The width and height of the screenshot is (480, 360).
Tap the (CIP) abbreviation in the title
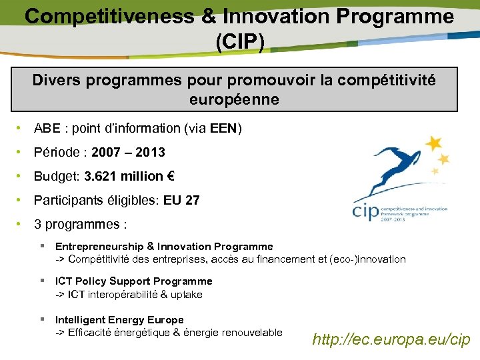(239, 41)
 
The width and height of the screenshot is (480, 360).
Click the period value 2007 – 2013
(128, 153)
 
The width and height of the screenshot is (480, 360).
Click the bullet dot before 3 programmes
(21, 224)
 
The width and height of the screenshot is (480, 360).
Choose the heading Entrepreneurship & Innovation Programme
(164, 247)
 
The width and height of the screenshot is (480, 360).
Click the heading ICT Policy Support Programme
(133, 281)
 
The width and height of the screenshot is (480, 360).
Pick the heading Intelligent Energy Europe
(119, 320)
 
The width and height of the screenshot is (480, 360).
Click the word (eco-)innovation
(367, 259)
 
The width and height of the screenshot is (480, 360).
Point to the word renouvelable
(249, 332)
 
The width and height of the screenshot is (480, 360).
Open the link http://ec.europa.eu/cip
(391, 339)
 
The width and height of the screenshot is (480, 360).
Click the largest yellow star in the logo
(433, 143)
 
